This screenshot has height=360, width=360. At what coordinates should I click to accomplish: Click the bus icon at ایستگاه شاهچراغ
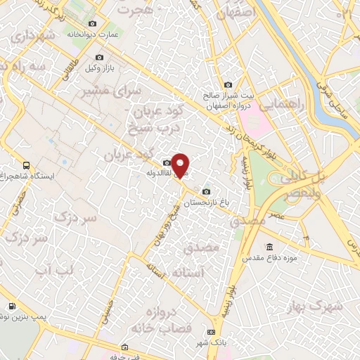tap(26, 162)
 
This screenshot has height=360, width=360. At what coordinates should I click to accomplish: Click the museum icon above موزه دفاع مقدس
tap(270, 247)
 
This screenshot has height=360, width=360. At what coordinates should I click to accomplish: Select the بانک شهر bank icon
tap(211, 332)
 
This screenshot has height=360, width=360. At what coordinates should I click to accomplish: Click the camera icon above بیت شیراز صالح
tap(227, 84)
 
